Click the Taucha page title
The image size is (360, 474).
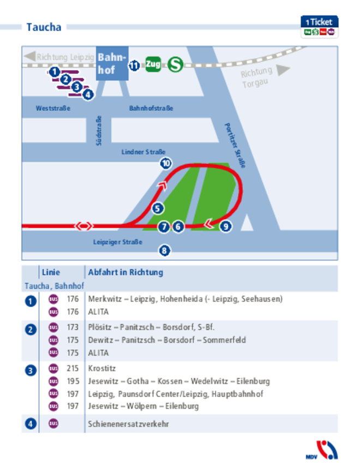[x=44, y=27]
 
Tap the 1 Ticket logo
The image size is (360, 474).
[x=320, y=27]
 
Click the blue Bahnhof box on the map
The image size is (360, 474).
[x=112, y=64]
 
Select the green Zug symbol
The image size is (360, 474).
[x=153, y=65]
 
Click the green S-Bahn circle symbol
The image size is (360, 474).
[x=175, y=65]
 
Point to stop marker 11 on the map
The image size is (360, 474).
[x=134, y=66]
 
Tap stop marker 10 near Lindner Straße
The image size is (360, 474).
[x=166, y=163]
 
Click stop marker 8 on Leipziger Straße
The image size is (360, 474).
[x=164, y=251]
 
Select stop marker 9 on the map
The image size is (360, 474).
[x=226, y=226]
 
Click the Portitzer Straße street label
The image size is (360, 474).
[x=235, y=145]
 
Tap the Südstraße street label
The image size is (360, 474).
[x=99, y=130]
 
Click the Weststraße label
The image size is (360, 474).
[x=53, y=109]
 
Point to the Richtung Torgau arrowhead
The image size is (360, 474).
[x=283, y=70]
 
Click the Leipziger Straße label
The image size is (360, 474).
[x=117, y=242]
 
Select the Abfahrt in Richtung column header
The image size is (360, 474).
[x=125, y=272]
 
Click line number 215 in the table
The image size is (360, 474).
[x=73, y=369]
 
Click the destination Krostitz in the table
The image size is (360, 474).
[x=101, y=369]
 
